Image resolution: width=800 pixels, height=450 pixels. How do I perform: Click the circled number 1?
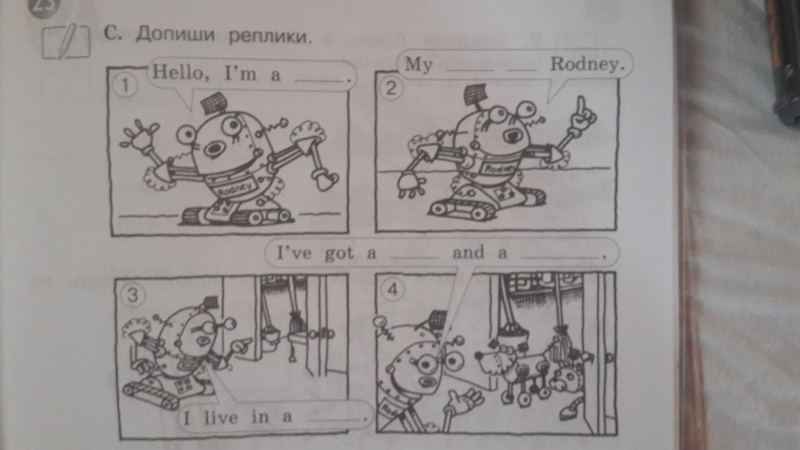pyautogui.click(x=125, y=86)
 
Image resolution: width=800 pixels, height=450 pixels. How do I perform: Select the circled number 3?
pyautogui.click(x=132, y=295)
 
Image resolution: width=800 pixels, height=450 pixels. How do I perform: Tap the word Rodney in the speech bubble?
pyautogui.click(x=587, y=65)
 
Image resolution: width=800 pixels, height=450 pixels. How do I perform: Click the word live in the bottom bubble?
pyautogui.click(x=221, y=417)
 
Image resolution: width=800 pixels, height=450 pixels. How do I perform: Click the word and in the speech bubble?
pyautogui.click(x=468, y=252)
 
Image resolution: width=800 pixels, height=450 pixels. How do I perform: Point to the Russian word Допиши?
pyautogui.click(x=175, y=34)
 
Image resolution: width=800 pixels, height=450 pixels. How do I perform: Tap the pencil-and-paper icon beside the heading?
pyautogui.click(x=66, y=41)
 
